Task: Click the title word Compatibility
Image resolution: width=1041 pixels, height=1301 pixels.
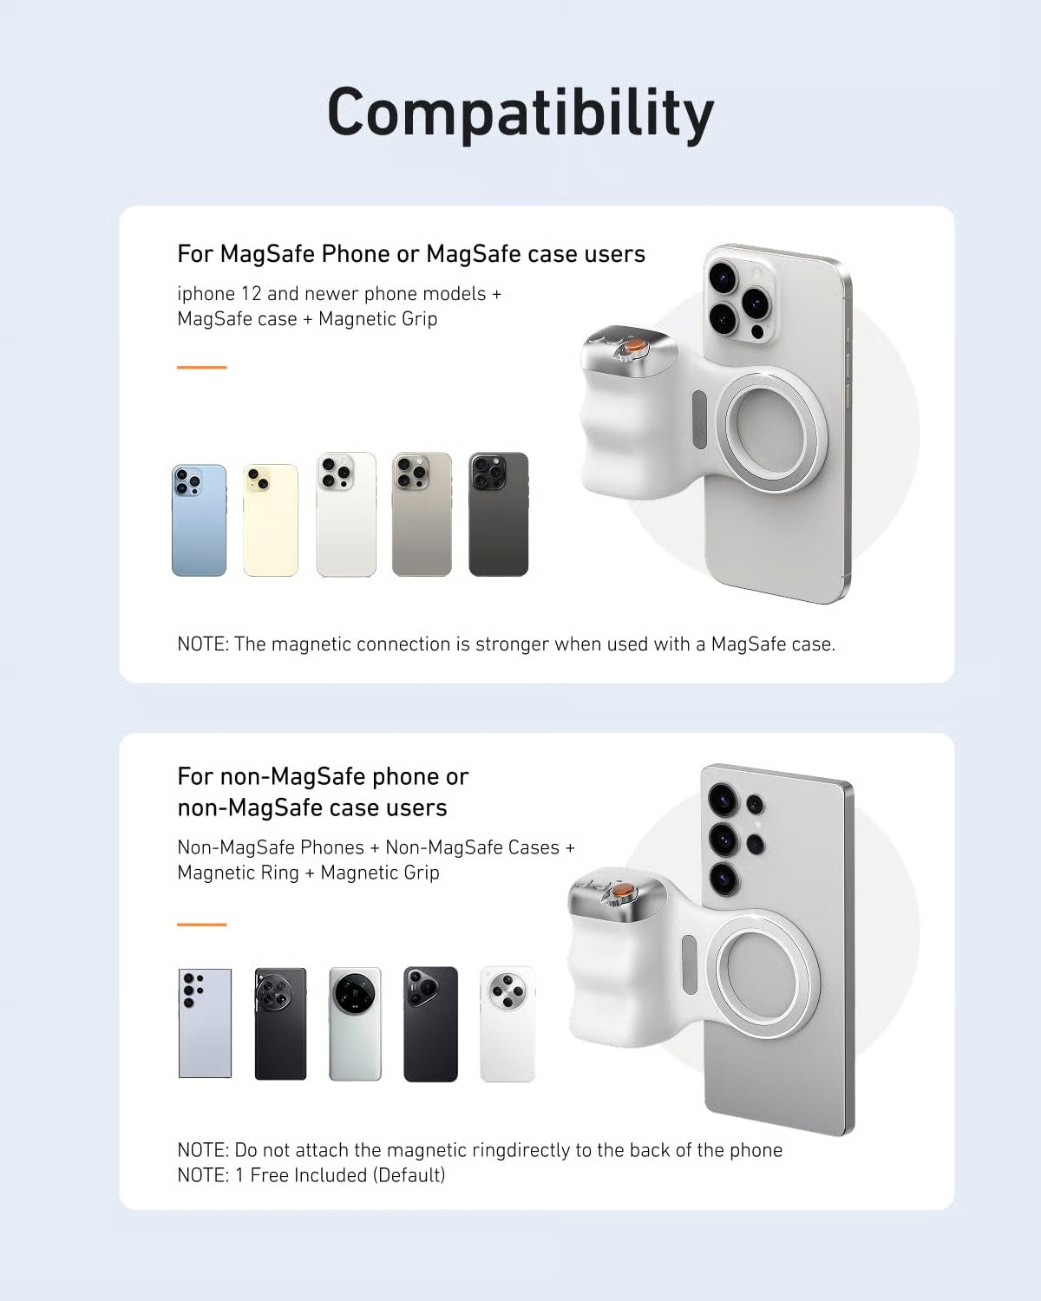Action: pyautogui.click(x=520, y=113)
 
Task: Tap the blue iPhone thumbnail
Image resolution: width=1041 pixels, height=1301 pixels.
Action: pyautogui.click(x=199, y=520)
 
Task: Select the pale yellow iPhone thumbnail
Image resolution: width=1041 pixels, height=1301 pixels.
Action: pyautogui.click(x=271, y=520)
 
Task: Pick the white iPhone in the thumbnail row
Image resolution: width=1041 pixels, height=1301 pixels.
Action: pyautogui.click(x=346, y=514)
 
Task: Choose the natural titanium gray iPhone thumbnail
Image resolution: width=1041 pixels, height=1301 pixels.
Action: pyautogui.click(x=422, y=514)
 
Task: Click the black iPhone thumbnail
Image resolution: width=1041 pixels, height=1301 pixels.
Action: pyautogui.click(x=498, y=514)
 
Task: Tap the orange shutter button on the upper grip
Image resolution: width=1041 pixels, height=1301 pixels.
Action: pyautogui.click(x=635, y=345)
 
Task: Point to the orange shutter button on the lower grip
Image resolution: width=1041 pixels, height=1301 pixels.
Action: pyautogui.click(x=622, y=892)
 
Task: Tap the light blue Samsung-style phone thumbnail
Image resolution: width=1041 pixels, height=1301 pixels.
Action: pyautogui.click(x=205, y=1023)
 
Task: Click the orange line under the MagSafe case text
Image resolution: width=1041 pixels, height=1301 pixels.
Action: pyautogui.click(x=201, y=368)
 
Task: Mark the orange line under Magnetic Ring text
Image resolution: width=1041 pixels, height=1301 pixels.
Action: pyautogui.click(x=201, y=925)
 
